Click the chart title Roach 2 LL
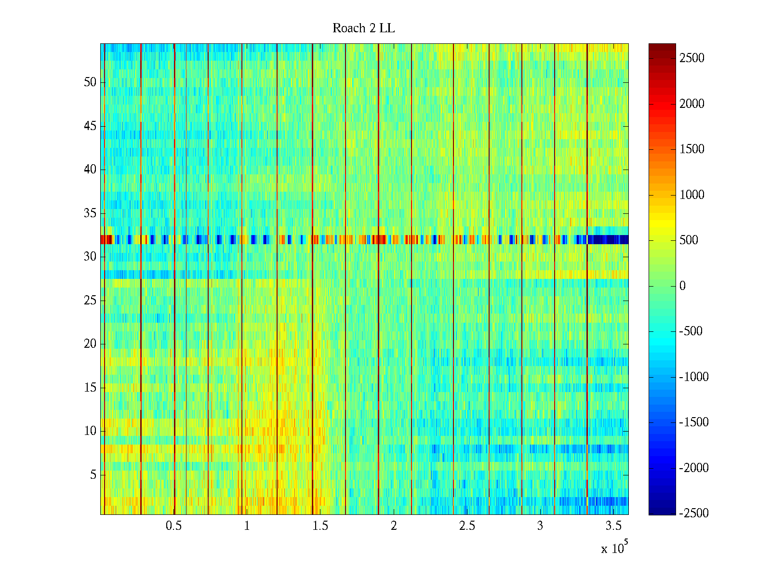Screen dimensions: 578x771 (x=363, y=28)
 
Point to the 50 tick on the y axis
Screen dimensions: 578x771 (x=90, y=82)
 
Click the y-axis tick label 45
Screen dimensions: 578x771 (x=90, y=126)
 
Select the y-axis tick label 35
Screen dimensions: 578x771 (x=90, y=213)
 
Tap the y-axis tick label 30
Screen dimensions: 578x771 (x=90, y=257)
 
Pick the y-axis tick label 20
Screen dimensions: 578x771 (x=90, y=344)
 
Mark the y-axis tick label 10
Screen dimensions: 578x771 (x=90, y=431)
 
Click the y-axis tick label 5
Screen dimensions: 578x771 (x=93, y=475)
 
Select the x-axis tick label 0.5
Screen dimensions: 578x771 (x=173, y=526)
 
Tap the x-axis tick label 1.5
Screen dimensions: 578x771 (x=320, y=526)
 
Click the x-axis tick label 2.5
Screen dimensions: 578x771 (x=466, y=526)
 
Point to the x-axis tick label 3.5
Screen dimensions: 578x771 (x=613, y=526)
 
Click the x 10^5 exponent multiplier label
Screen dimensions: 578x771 (x=613, y=548)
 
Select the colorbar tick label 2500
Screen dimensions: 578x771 (x=691, y=58)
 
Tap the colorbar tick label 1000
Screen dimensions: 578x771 (x=691, y=195)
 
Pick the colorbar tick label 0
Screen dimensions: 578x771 (x=682, y=286)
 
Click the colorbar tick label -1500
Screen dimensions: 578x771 (x=693, y=422)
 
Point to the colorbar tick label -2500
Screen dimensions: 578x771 (x=693, y=513)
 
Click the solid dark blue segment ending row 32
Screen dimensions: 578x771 (x=608, y=239)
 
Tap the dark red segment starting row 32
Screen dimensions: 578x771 (x=106, y=239)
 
